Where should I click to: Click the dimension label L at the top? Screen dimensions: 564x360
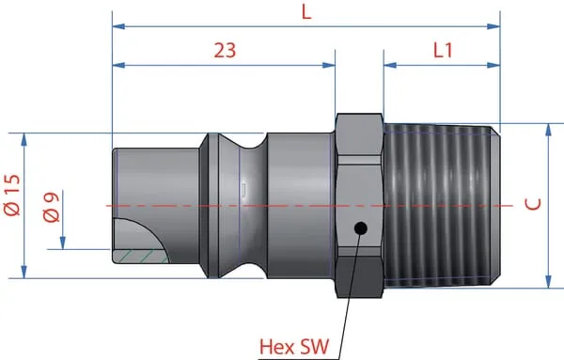click(x=306, y=12)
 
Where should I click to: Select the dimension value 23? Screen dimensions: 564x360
click(x=226, y=51)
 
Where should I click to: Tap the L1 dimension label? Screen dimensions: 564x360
click(x=443, y=50)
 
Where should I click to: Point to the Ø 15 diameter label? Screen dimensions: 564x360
click(x=12, y=195)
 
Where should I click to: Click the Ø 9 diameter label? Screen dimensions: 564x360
click(x=51, y=208)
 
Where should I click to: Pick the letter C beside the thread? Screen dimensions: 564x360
click(x=533, y=204)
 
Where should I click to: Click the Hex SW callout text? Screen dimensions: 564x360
click(x=294, y=347)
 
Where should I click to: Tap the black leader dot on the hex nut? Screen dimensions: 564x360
click(x=360, y=228)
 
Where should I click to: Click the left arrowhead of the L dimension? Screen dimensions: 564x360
click(x=118, y=26)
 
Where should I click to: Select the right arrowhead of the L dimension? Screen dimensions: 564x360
click(x=493, y=26)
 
